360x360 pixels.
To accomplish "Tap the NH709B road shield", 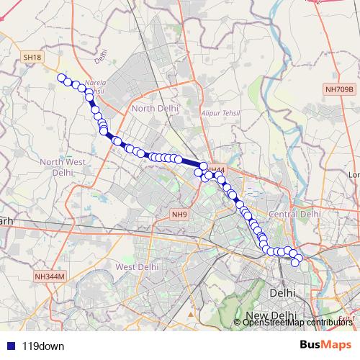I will tap(338, 89).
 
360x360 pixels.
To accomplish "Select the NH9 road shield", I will tap(179, 214).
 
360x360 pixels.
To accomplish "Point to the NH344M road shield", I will tap(50, 276).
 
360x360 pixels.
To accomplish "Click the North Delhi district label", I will tap(154, 108).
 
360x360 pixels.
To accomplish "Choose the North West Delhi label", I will tap(63, 167).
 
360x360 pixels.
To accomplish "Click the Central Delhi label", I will tap(294, 214).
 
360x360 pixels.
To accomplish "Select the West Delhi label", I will tap(136, 266).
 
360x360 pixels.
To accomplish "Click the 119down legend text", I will tap(43, 346).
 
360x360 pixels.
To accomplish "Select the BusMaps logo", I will tap(325, 345).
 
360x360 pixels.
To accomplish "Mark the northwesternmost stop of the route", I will tap(61, 78).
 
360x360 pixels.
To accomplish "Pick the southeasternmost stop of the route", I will tap(295, 263).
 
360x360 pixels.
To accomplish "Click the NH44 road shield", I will tap(217, 170).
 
